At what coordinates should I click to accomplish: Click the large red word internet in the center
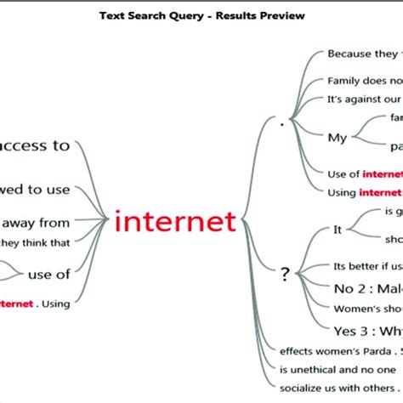(174, 222)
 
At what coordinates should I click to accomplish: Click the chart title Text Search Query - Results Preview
(201, 15)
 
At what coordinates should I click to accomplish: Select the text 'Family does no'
(365, 82)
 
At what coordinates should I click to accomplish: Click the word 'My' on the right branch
(337, 137)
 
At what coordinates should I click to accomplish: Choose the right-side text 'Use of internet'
(365, 173)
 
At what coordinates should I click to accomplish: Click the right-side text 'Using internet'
(365, 192)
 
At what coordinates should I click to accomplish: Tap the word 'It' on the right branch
(337, 229)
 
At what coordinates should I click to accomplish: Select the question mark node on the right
(285, 274)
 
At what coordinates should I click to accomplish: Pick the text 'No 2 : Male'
(366, 287)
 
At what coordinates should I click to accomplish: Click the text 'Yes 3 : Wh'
(366, 330)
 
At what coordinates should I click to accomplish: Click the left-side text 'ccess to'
(36, 145)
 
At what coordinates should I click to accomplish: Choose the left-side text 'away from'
(36, 223)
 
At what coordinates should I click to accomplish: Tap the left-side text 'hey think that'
(36, 241)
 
